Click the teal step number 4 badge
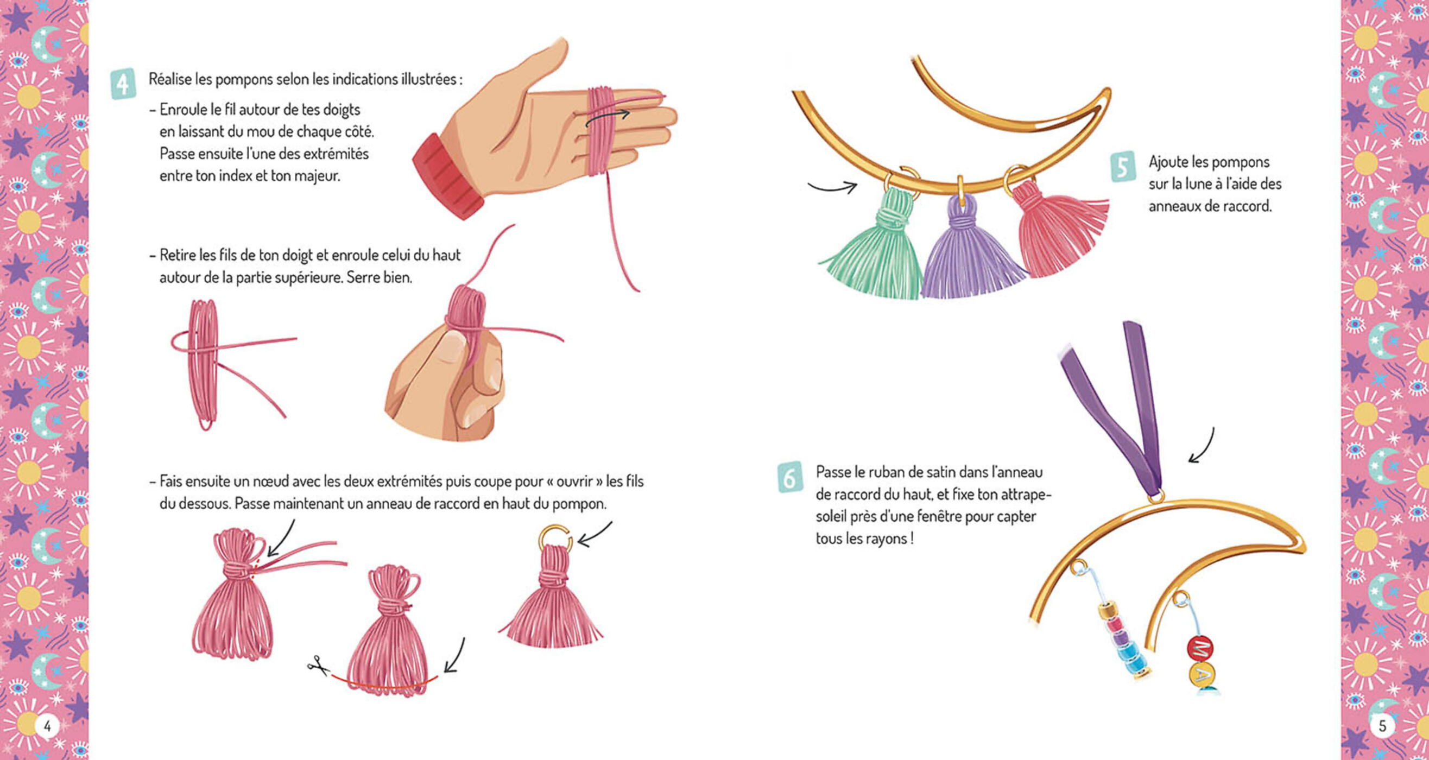(x=123, y=84)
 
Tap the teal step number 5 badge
(x=1122, y=167)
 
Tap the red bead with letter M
(x=1200, y=649)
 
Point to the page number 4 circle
(x=47, y=726)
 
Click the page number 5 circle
(x=1382, y=726)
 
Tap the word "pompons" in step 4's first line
(x=244, y=80)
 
